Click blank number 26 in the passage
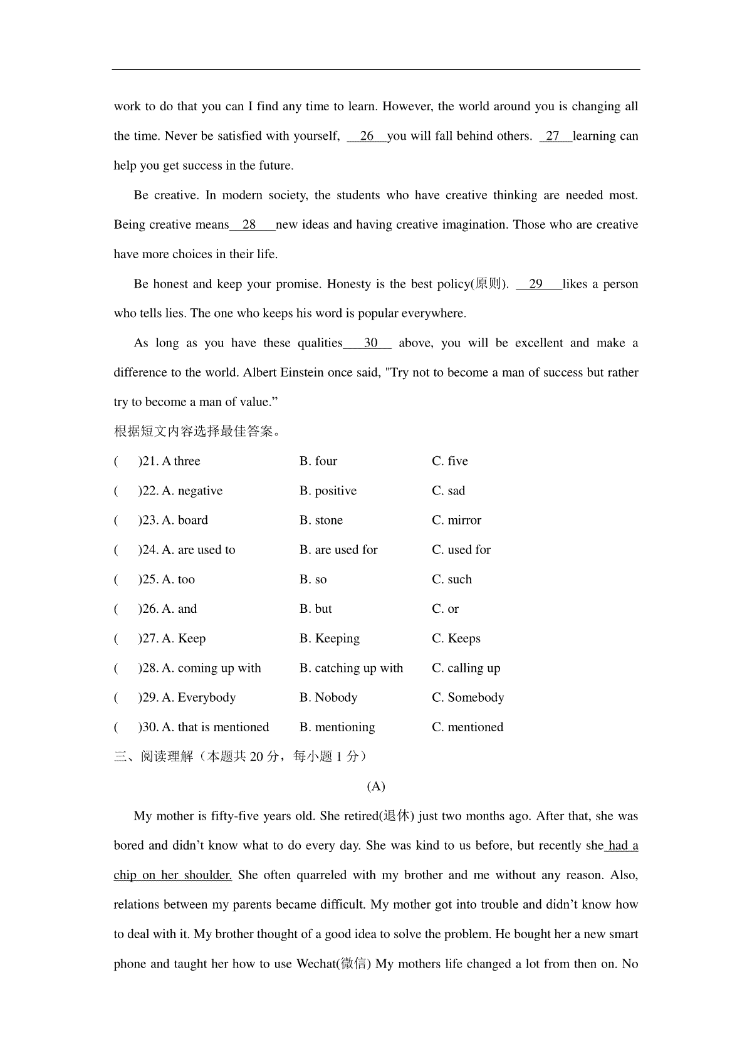367,136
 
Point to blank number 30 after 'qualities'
370,343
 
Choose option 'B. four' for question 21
318,461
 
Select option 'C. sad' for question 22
449,491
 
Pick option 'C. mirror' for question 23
457,520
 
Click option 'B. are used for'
338,550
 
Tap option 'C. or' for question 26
446,608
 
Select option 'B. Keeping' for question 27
330,639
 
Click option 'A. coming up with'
211,668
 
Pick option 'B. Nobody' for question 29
328,697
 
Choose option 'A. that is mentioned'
215,727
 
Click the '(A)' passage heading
376,786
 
